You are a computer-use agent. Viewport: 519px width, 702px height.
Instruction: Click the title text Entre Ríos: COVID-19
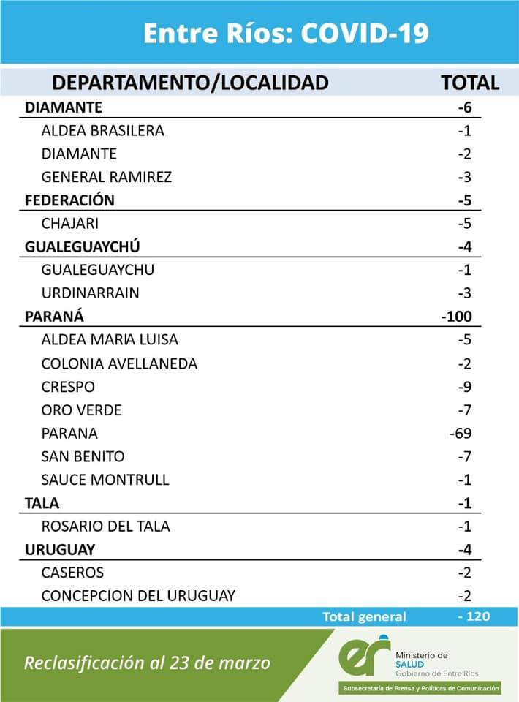[x=286, y=34]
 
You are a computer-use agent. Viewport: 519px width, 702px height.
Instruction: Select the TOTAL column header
[x=470, y=83]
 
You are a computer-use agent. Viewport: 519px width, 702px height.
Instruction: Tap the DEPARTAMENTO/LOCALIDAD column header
[x=190, y=83]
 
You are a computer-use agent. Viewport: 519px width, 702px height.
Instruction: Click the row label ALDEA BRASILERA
[x=102, y=131]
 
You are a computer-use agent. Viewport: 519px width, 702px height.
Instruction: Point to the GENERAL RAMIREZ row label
[x=107, y=177]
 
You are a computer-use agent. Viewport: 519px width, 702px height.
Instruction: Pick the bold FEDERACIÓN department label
[x=69, y=200]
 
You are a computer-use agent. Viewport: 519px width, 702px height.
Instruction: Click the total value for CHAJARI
[x=465, y=224]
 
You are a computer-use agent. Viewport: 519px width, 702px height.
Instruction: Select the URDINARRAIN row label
[x=90, y=293]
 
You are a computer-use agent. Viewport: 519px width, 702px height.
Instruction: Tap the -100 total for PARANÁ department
[x=457, y=317]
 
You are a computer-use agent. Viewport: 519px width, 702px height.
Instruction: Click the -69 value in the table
[x=461, y=433]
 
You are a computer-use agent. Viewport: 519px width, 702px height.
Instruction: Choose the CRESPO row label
[x=68, y=387]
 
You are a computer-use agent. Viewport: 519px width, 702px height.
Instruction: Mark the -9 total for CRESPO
[x=465, y=387]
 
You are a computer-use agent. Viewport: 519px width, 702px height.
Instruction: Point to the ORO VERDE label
[x=81, y=410]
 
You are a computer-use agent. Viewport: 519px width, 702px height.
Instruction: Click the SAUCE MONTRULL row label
[x=105, y=480]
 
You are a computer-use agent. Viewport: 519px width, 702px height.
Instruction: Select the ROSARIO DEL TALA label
[x=106, y=526]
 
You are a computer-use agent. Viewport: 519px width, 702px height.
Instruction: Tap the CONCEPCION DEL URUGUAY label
[x=138, y=595]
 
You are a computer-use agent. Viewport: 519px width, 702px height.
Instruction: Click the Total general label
[x=364, y=617]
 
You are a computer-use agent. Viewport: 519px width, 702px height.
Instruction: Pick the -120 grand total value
[x=474, y=617]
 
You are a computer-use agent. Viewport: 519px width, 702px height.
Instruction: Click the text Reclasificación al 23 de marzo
[x=147, y=663]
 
